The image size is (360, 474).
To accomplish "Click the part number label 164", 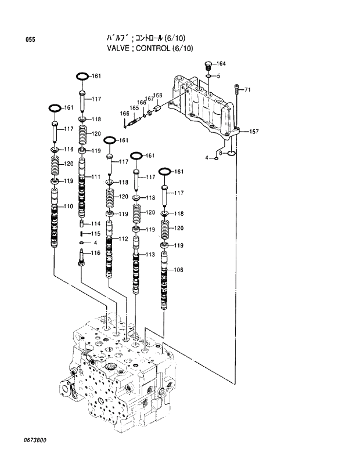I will click(221, 64).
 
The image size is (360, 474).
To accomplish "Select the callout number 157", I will click(254, 132).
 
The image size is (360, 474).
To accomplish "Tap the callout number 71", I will click(247, 89).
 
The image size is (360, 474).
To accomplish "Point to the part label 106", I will click(178, 270).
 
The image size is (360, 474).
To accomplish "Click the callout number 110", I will click(68, 206).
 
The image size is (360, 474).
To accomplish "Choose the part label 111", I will click(96, 176).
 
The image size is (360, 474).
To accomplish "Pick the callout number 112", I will click(123, 238).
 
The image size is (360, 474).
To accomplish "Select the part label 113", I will click(150, 254).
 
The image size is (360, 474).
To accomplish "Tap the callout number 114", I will click(96, 223).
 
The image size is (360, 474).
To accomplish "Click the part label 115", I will click(96, 233).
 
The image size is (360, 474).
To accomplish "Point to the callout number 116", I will click(96, 252).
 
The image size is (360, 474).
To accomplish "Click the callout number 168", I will click(157, 95).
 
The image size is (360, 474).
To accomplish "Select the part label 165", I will click(134, 108).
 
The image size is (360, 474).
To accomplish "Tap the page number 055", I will click(30, 39).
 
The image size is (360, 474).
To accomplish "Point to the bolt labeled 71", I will click(236, 88).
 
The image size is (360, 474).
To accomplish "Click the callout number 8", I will click(221, 153).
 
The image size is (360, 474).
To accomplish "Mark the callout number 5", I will click(218, 76).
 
